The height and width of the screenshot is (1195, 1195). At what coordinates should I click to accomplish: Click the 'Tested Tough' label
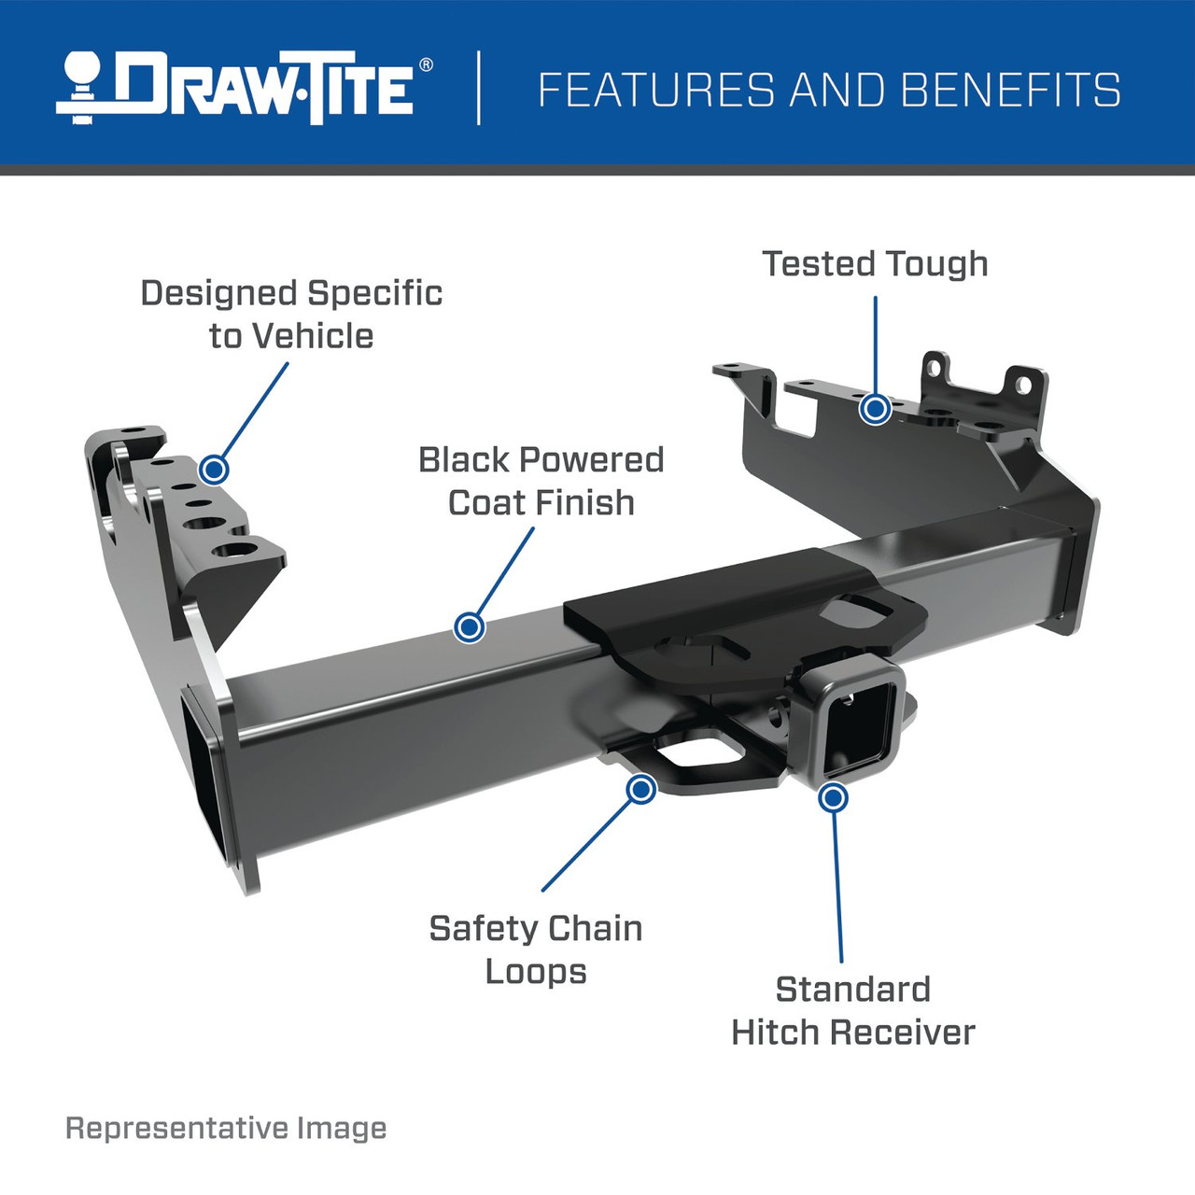(x=875, y=264)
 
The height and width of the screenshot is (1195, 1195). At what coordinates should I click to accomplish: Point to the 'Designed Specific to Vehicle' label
(x=291, y=315)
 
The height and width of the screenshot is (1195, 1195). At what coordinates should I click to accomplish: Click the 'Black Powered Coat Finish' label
(x=541, y=481)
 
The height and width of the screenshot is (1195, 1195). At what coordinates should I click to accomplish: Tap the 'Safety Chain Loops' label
(x=536, y=949)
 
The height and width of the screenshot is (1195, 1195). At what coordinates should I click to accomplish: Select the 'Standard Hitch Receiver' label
(x=852, y=1011)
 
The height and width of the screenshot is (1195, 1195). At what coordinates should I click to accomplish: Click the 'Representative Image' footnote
(x=226, y=1128)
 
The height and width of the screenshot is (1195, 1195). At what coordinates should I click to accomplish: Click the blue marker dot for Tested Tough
(x=875, y=408)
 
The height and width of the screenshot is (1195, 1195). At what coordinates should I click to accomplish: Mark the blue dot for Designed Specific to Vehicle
(x=215, y=469)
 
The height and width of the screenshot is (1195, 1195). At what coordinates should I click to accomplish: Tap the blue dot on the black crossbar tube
(x=470, y=626)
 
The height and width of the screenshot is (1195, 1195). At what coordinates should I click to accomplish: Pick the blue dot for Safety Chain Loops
(x=640, y=790)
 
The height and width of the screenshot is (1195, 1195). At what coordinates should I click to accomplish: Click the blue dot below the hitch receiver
(x=833, y=797)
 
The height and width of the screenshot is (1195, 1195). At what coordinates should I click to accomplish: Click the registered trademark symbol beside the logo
(x=426, y=65)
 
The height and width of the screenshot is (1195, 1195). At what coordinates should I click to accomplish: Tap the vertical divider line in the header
(x=479, y=88)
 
